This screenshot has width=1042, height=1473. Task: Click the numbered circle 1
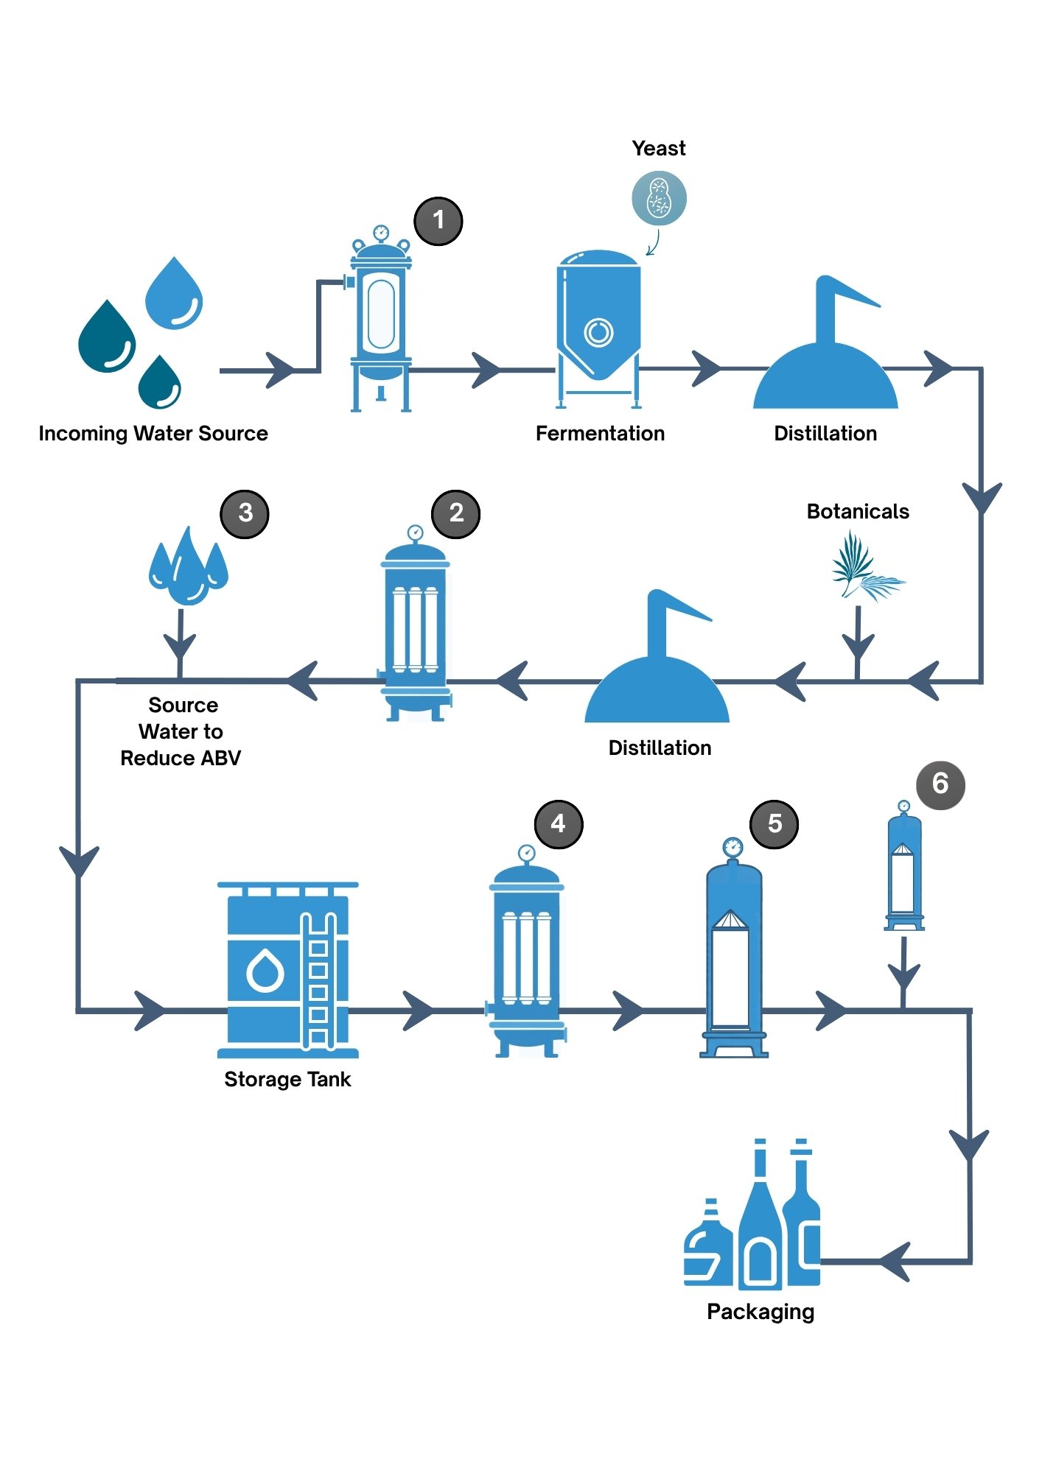(438, 220)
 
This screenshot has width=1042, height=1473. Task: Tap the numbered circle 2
(456, 513)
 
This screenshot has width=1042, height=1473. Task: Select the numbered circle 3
(245, 513)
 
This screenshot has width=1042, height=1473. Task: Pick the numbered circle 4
(558, 824)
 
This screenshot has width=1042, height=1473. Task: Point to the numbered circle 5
(774, 824)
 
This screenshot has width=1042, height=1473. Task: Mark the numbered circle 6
(940, 784)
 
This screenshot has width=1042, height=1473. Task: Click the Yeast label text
(659, 149)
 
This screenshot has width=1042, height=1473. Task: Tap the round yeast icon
(659, 199)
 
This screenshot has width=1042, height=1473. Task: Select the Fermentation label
(600, 433)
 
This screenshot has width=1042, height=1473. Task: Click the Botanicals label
(858, 511)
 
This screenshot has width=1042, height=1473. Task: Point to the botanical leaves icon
(867, 568)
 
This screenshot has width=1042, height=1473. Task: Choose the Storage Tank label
(287, 1079)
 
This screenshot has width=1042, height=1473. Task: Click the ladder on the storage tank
(318, 980)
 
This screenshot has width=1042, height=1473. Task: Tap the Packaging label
(760, 1312)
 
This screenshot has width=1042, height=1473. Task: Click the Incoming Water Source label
(153, 433)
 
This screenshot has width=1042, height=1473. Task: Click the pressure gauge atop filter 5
(732, 847)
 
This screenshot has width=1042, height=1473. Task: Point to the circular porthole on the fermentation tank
(598, 332)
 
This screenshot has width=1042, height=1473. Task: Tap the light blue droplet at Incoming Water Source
(174, 292)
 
